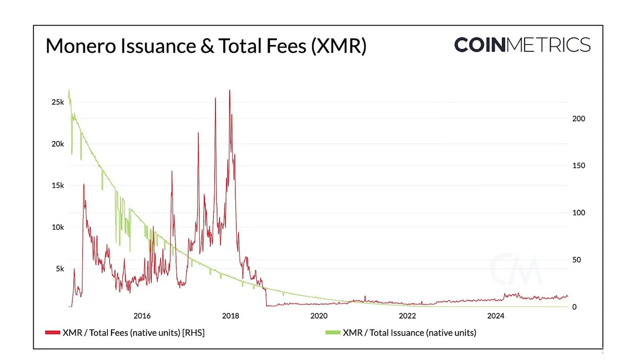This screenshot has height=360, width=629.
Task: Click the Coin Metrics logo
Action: pyautogui.click(x=522, y=45)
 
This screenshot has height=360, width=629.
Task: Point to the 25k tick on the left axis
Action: pyautogui.click(x=58, y=102)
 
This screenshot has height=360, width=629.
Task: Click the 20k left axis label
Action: pyautogui.click(x=58, y=144)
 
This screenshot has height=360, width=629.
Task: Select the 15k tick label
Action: pyautogui.click(x=58, y=186)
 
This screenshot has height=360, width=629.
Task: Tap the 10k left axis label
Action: pyautogui.click(x=58, y=227)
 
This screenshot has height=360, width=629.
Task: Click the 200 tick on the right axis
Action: pyautogui.click(x=579, y=119)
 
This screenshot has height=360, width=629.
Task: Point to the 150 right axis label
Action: pyautogui.click(x=579, y=166)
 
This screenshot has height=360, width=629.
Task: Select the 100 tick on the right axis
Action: pyautogui.click(x=579, y=213)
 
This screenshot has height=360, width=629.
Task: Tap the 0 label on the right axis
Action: pyautogui.click(x=574, y=307)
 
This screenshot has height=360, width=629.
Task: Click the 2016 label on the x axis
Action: pyautogui.click(x=142, y=316)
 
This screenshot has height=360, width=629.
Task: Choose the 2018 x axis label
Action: pyautogui.click(x=231, y=316)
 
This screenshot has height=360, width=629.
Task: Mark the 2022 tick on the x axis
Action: pyautogui.click(x=407, y=316)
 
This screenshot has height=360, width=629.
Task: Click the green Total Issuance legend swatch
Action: pyautogui.click(x=332, y=332)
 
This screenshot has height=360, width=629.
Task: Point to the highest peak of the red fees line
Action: pyautogui.click(x=230, y=90)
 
